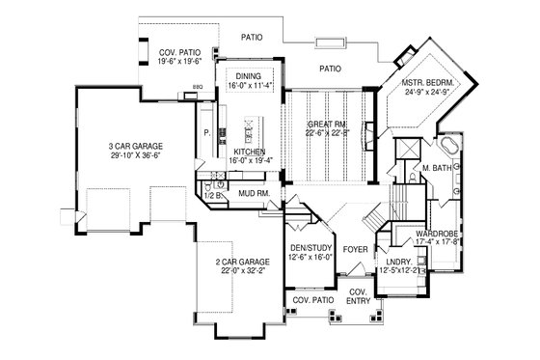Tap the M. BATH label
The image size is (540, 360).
tap(438, 168)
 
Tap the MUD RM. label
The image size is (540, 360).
tap(254, 193)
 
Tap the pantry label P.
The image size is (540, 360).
tap(206, 133)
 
